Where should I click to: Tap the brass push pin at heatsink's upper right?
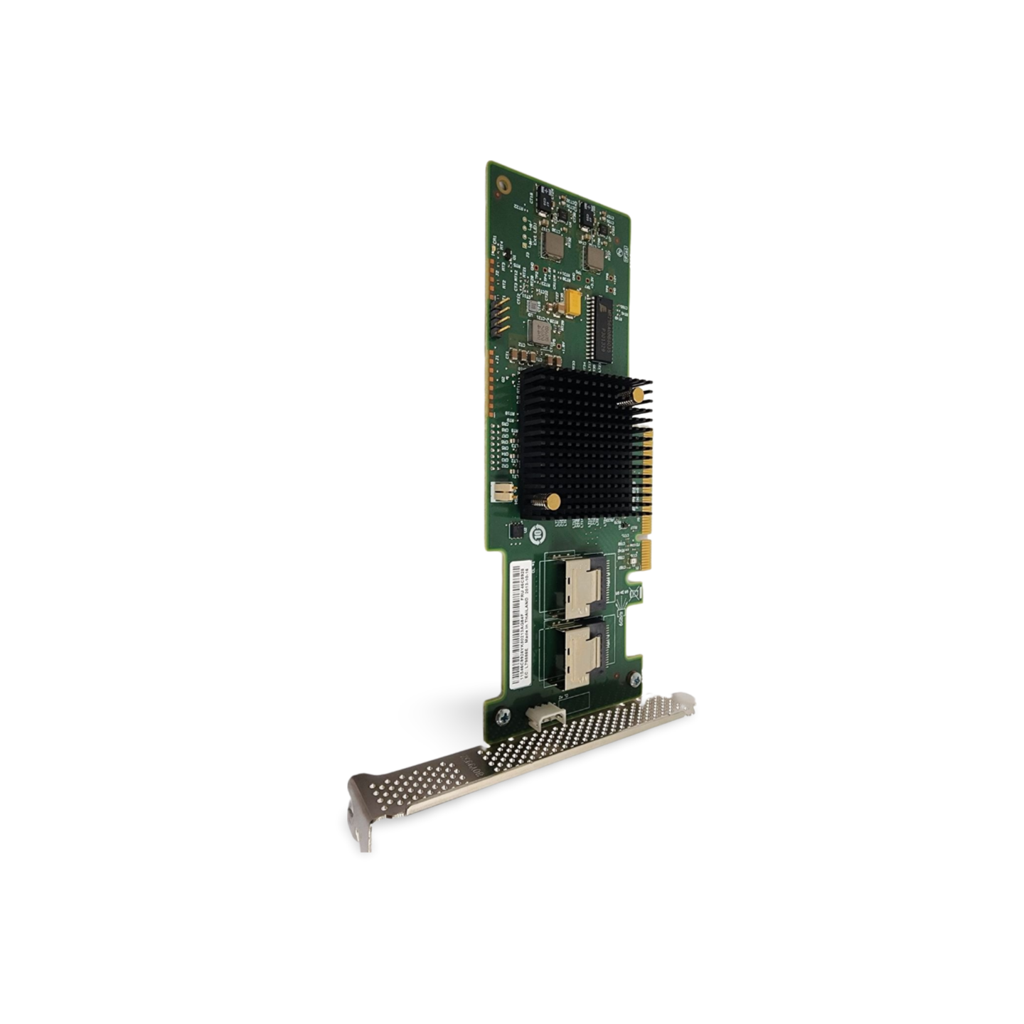639,394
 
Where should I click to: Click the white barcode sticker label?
521,622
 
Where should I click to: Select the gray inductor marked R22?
540,332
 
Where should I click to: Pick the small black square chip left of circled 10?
516,530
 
